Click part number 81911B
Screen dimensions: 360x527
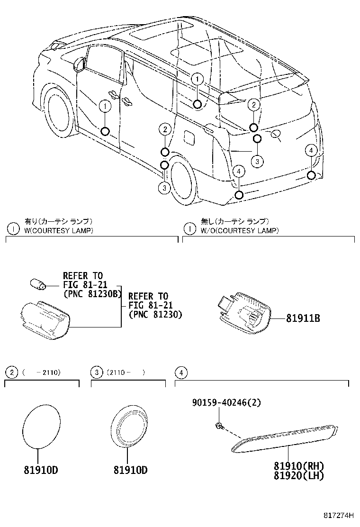[303, 318]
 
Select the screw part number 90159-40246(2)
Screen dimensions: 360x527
[226, 402]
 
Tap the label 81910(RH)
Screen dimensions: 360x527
[299, 466]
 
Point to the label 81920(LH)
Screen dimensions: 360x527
[299, 475]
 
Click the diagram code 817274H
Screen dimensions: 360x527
[339, 516]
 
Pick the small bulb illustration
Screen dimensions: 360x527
[37, 284]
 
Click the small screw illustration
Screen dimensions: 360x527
[219, 426]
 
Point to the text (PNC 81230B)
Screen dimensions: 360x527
[92, 293]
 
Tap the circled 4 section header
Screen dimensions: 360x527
[181, 373]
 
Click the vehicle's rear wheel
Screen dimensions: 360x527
[183, 179]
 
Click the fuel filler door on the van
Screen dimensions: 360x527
[189, 137]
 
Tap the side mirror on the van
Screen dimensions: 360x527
[79, 64]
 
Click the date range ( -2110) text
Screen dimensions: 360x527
[42, 373]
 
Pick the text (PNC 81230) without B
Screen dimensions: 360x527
[155, 314]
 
